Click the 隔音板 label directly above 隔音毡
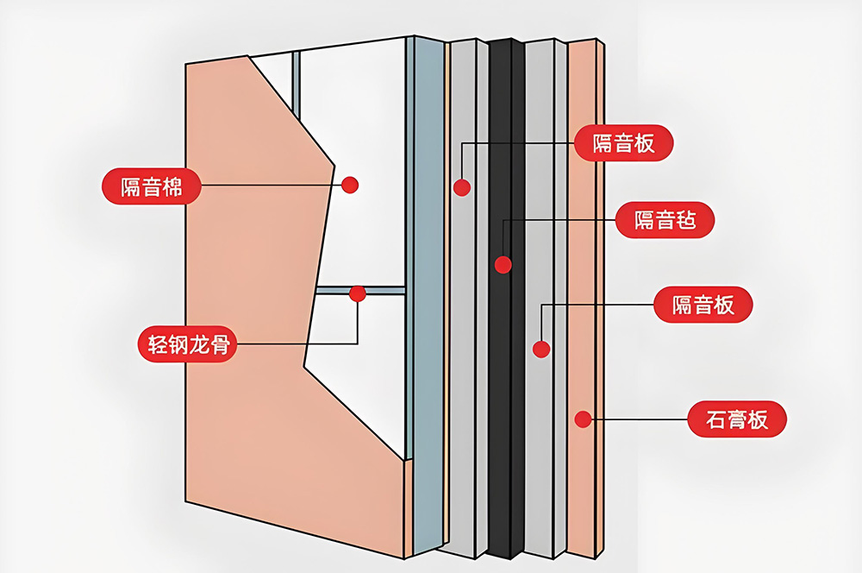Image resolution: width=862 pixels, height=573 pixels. pos(623,142)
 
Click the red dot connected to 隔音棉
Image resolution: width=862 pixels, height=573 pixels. pos(349,184)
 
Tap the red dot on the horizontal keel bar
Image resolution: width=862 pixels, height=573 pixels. pos(358,293)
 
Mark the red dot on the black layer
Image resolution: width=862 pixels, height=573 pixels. pos(503,264)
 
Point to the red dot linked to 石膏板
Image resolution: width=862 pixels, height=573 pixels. pos(583,420)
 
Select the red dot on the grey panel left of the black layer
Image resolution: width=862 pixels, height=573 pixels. pos(462,187)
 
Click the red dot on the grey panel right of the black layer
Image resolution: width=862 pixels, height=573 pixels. pos(541,349)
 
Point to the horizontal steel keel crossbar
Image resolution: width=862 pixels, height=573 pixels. pos(379,291)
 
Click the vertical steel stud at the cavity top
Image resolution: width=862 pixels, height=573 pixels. pos(295,78)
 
